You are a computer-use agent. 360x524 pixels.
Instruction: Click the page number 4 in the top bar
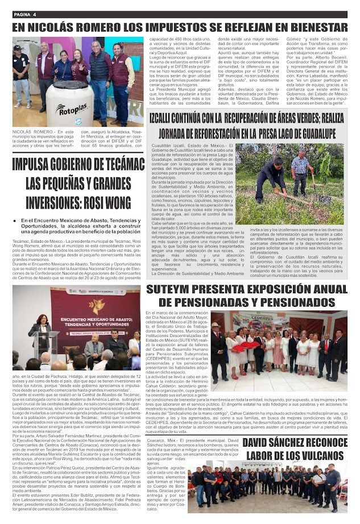(34, 13)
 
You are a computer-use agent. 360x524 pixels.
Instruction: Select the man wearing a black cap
(21, 68)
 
